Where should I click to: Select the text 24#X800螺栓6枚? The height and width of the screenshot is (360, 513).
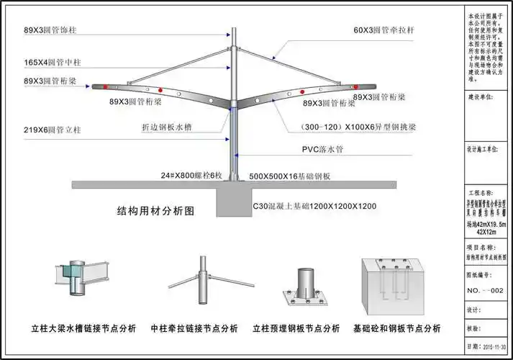192,175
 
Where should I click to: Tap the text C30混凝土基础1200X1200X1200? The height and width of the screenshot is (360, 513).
314,207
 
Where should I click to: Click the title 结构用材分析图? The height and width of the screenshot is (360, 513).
156,212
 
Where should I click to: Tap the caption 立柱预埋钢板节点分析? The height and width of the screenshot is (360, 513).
296,328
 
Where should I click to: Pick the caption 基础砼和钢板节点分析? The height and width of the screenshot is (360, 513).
397,328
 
